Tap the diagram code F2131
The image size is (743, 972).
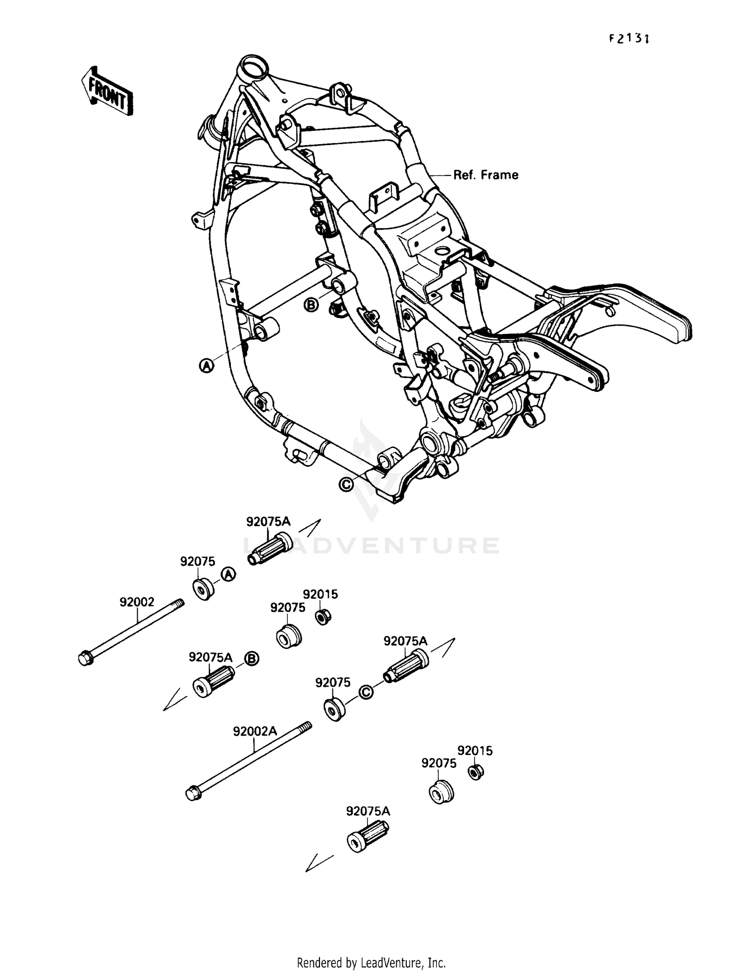point(629,38)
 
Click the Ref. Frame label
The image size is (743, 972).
point(485,175)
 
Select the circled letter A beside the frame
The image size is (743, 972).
point(206,366)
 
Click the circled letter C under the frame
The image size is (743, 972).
point(346,485)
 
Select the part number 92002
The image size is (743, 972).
point(137,602)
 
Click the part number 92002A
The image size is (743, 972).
point(255,732)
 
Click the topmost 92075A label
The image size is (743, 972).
point(268,521)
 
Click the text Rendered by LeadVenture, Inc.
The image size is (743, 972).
point(371,963)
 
